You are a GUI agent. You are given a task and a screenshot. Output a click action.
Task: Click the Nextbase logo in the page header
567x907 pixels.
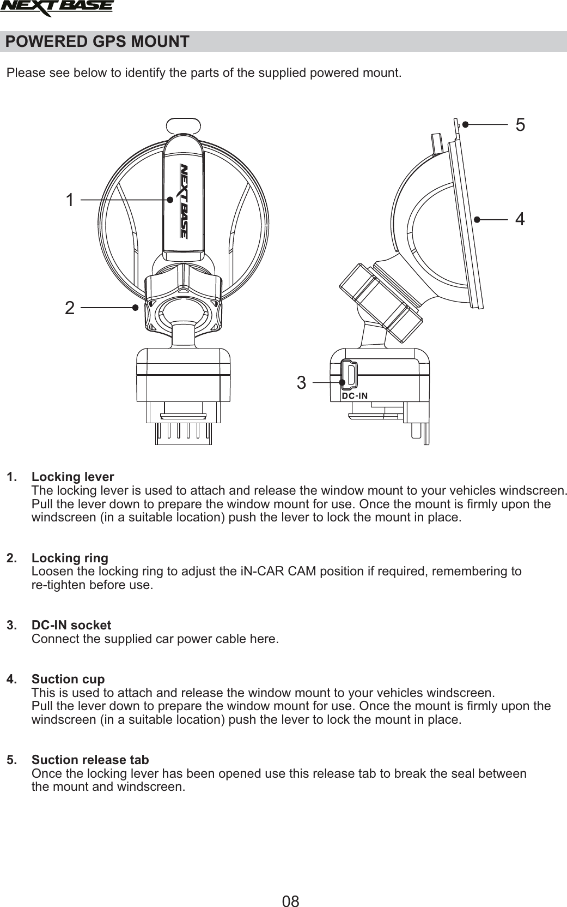coord(57,8)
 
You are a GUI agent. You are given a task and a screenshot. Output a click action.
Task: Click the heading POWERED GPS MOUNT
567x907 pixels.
coord(97,41)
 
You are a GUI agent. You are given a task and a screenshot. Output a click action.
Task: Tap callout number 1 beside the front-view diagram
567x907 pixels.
coord(69,200)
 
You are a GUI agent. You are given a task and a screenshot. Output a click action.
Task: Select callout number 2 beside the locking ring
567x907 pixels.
coord(69,308)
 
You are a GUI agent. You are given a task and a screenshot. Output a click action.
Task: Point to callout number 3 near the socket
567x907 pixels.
coord(301,383)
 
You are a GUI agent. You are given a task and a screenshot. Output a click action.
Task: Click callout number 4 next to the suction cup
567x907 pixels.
coord(520,219)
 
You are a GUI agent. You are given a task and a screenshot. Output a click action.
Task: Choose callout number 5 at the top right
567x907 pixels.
coord(520,125)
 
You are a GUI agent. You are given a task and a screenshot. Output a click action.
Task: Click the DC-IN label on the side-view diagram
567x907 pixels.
coord(355,395)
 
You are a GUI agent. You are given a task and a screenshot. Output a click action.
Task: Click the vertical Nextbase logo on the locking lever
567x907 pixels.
coord(184,201)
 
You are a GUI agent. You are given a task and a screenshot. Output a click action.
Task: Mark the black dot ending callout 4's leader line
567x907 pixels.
coord(477,219)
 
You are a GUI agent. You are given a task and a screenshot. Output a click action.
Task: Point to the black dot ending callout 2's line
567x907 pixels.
coord(135,308)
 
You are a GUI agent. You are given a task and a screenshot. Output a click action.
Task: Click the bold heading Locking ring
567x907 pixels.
coord(70,558)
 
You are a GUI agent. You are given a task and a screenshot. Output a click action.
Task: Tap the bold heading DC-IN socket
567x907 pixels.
coord(71,625)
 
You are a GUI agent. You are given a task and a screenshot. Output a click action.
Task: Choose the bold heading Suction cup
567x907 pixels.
coord(68,680)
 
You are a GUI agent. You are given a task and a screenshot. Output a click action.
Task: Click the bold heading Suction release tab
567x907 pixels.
coord(90,760)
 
